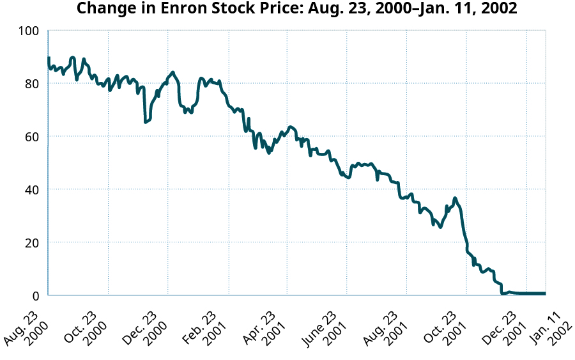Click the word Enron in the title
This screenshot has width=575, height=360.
click(x=184, y=9)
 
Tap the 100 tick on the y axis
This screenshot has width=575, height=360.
click(x=29, y=31)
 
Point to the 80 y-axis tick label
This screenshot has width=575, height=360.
click(x=33, y=84)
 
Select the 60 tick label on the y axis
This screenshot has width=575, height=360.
click(x=33, y=137)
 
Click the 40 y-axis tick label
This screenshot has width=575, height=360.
click(x=33, y=190)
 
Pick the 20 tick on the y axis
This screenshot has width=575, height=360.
click(x=33, y=243)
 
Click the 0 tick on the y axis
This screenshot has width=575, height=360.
click(x=36, y=296)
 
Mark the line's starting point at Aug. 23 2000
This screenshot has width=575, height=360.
click(x=49, y=58)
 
